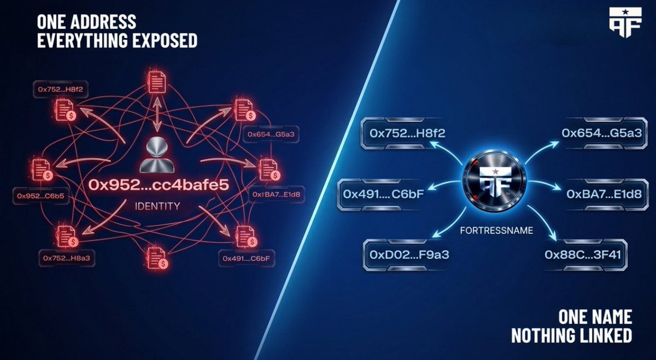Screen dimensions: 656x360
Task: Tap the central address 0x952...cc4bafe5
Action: (x=159, y=185)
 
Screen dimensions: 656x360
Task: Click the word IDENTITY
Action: (x=157, y=206)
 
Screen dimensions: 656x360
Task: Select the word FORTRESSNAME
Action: (x=496, y=231)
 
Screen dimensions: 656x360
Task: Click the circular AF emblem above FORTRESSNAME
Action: (x=494, y=181)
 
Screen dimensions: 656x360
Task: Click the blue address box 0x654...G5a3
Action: (x=602, y=133)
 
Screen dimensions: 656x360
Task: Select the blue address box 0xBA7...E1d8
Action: (x=604, y=194)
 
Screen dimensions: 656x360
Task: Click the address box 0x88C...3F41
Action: (x=583, y=255)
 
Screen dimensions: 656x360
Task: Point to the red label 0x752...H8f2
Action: (x=61, y=89)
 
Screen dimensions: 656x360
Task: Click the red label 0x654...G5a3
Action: (x=271, y=134)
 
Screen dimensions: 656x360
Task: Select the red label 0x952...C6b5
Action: (x=40, y=196)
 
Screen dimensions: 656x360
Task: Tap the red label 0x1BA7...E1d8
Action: (x=276, y=194)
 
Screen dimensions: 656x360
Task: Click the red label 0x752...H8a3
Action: (x=67, y=258)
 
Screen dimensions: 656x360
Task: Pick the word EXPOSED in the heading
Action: (x=165, y=40)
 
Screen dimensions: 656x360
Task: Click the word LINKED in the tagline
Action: (x=604, y=335)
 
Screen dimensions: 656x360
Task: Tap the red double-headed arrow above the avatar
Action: (x=157, y=114)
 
